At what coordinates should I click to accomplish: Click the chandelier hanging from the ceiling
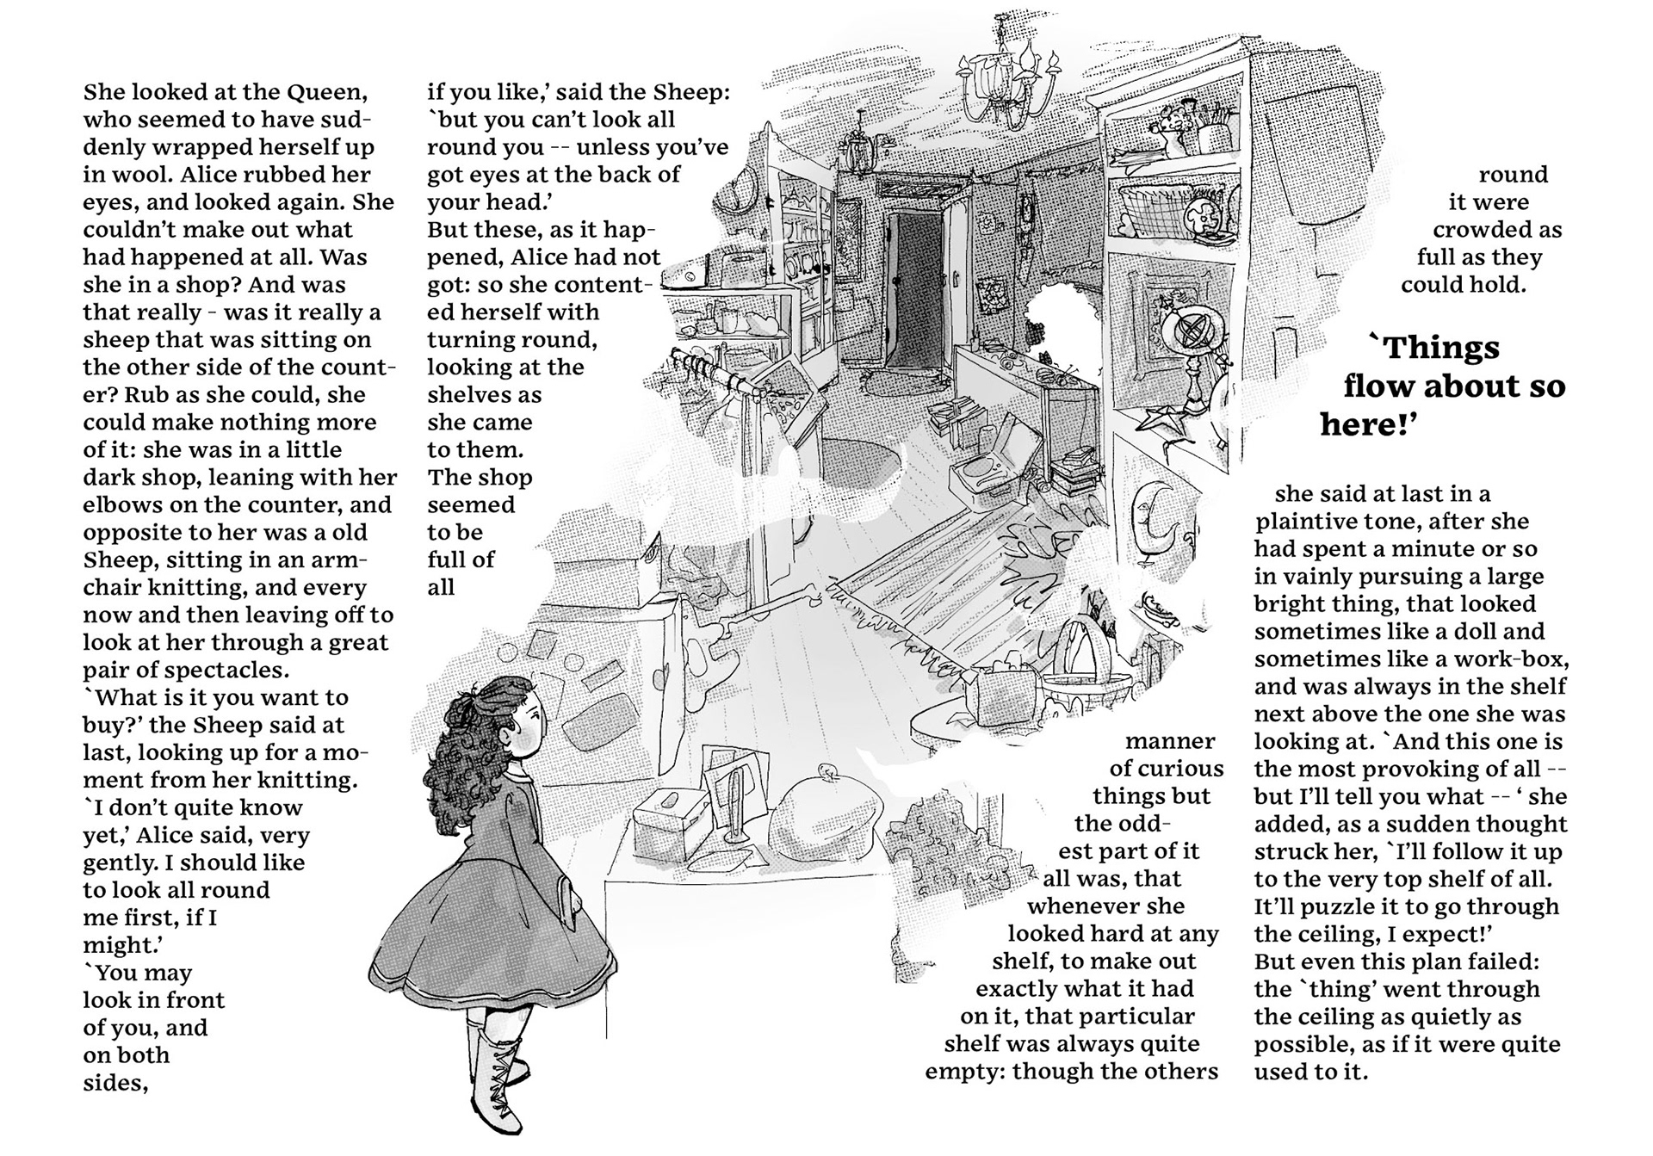coord(1006,77)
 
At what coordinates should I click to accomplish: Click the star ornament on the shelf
coord(1155,418)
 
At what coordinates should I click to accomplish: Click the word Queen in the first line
coord(326,91)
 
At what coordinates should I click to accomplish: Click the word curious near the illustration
coord(1180,769)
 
